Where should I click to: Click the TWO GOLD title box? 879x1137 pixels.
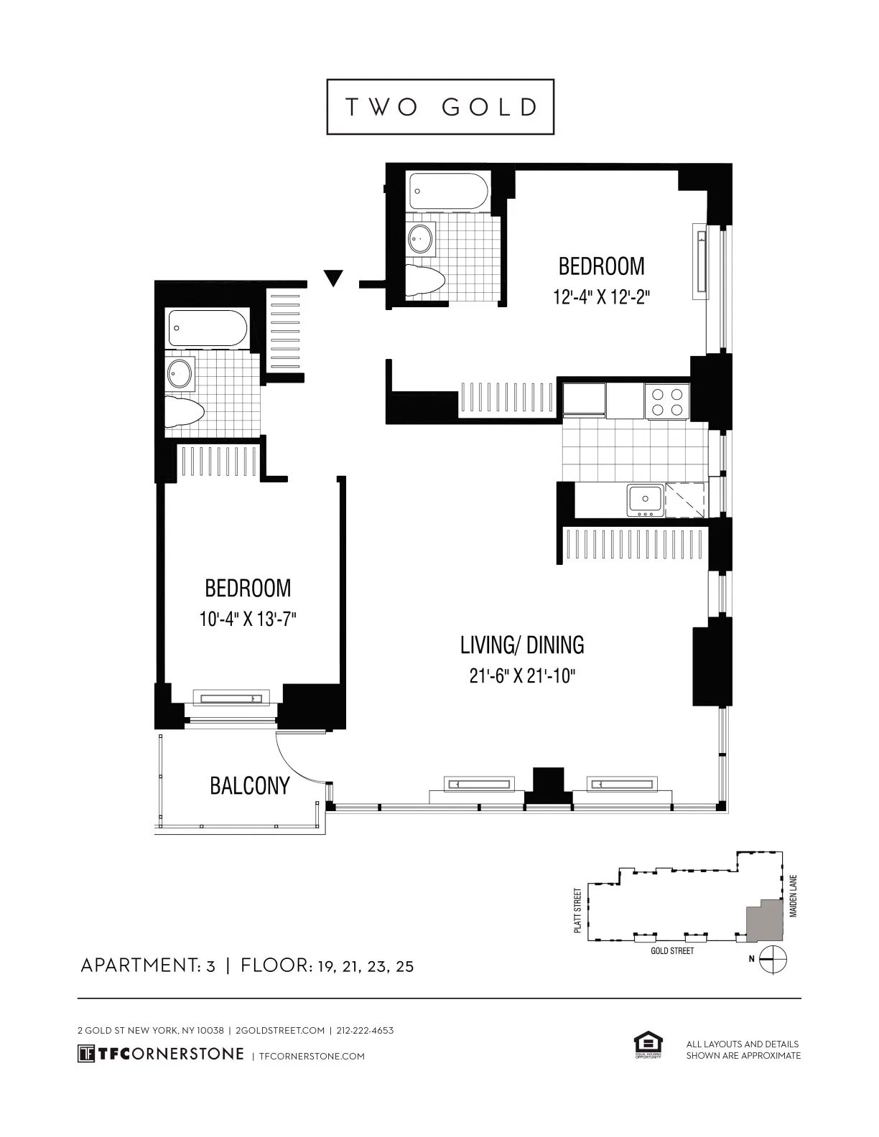(x=440, y=107)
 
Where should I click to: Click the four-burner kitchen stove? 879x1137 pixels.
(x=666, y=401)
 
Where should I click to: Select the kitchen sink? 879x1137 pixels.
(x=644, y=500)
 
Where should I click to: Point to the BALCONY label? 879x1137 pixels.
(x=249, y=785)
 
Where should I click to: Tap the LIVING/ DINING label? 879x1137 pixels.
(x=521, y=645)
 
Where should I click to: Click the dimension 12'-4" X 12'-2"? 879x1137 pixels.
(x=601, y=296)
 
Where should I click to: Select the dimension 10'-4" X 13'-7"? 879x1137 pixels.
(x=248, y=619)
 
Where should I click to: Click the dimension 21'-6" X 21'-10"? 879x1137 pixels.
(x=522, y=675)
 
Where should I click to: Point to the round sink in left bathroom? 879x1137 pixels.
(x=180, y=373)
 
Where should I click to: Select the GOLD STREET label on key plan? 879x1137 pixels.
(x=672, y=950)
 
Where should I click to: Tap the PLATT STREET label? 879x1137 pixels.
(x=577, y=910)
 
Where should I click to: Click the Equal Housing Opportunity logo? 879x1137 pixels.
(x=647, y=1045)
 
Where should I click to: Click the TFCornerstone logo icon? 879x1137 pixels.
(x=86, y=1054)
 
